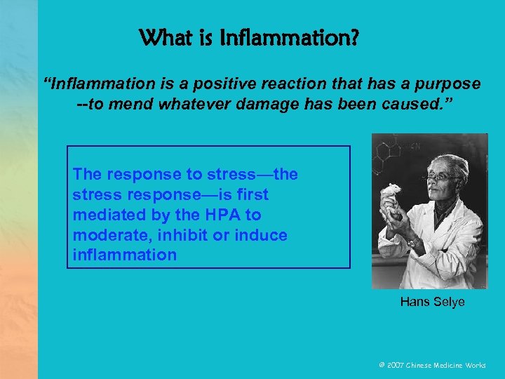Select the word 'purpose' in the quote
click(449, 84)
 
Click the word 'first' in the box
click(250, 194)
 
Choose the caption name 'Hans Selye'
click(432, 302)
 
